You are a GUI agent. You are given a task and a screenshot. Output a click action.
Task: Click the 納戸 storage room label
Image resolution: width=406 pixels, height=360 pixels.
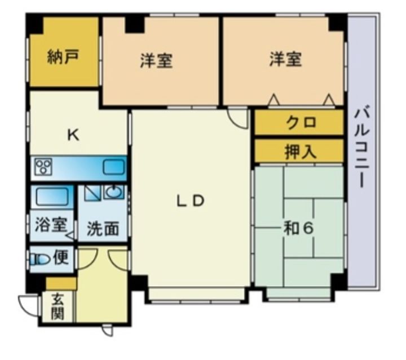[x=62, y=57]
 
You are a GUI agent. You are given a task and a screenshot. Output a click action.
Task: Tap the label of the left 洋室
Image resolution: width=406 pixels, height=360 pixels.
[x=156, y=60]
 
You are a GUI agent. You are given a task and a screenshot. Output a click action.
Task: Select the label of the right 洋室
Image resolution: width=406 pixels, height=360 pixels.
[x=285, y=59]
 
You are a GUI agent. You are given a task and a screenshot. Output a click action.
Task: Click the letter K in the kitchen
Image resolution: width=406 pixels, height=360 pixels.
[x=72, y=135]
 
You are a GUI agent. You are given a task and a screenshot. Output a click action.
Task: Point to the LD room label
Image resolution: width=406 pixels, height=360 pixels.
[x=190, y=201]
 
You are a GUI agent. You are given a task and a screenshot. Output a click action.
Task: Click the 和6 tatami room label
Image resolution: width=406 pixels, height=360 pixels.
[x=298, y=228]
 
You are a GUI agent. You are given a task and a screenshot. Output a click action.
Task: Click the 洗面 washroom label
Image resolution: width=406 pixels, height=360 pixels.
[x=103, y=228]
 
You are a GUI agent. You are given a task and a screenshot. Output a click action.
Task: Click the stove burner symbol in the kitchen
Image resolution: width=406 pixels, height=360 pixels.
[x=43, y=167]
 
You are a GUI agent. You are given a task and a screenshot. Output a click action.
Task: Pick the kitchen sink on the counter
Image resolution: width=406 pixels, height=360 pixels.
[x=114, y=167]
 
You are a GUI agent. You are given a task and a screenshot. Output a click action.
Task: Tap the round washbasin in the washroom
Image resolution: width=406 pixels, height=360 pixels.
[x=114, y=193]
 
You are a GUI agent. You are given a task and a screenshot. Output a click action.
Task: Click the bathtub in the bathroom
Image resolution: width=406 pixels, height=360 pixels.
[x=52, y=197]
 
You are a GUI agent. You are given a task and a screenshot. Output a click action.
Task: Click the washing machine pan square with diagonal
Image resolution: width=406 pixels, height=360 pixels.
[x=91, y=193]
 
